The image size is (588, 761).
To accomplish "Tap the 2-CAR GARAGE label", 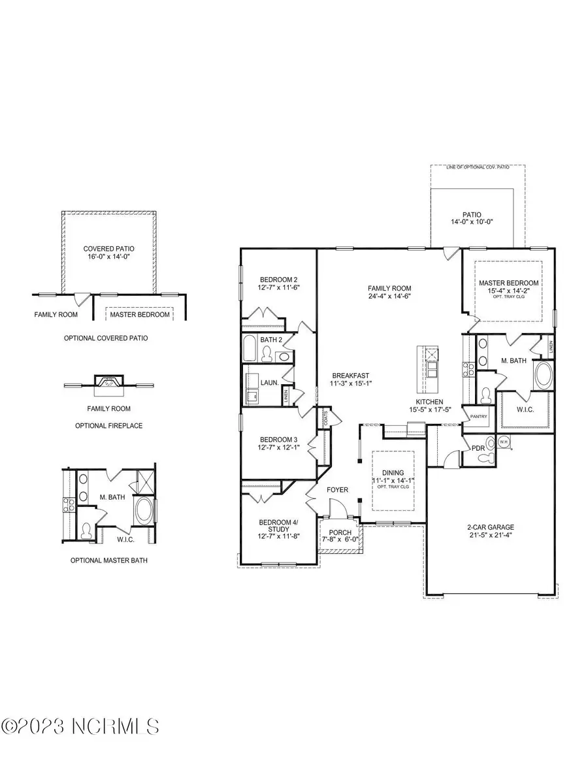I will pyautogui.click(x=489, y=531).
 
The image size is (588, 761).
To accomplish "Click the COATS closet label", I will pyautogui.click(x=325, y=418).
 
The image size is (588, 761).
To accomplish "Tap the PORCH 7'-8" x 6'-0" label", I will pyautogui.click(x=337, y=536).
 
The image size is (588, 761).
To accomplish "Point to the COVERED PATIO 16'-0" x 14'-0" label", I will pyautogui.click(x=108, y=253).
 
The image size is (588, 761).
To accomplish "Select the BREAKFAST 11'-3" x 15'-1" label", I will pyautogui.click(x=351, y=380).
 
